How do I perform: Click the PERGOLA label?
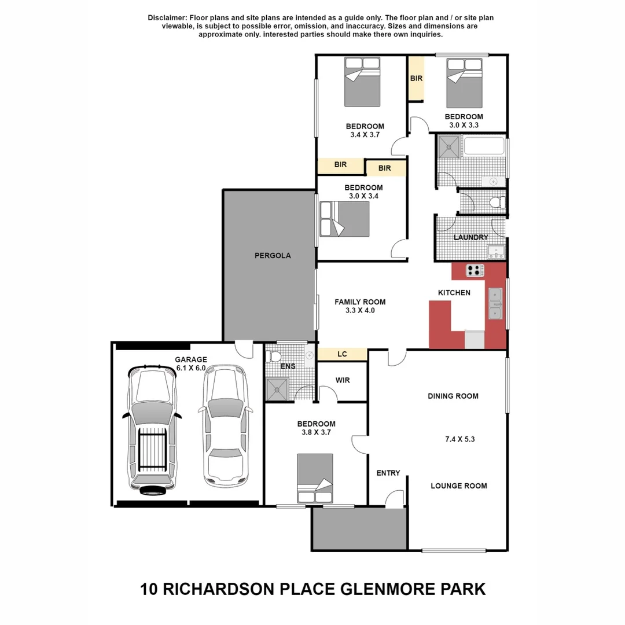pyautogui.click(x=273, y=255)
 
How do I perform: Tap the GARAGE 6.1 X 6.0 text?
pyautogui.click(x=190, y=363)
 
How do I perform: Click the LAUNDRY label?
pyautogui.click(x=470, y=237)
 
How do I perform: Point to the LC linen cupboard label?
pyautogui.click(x=341, y=354)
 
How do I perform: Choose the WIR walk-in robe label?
pyautogui.click(x=343, y=381)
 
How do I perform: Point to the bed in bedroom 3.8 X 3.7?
pyautogui.click(x=315, y=479)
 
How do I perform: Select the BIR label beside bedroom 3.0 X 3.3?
pyautogui.click(x=416, y=78)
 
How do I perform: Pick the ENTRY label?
pyautogui.click(x=388, y=473)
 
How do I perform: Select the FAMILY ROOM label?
pyautogui.click(x=360, y=302)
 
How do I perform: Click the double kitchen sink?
pyautogui.click(x=495, y=303)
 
